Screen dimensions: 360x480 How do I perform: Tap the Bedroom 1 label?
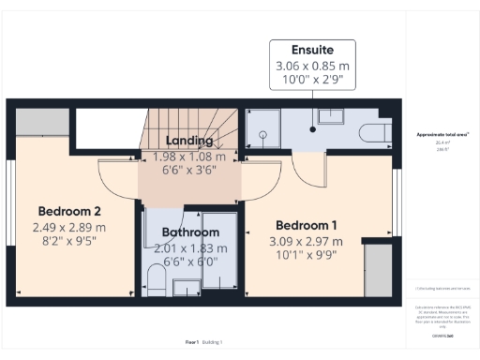click(307, 225)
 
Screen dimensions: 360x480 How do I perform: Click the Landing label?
click(190, 142)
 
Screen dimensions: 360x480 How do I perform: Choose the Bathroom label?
click(190, 232)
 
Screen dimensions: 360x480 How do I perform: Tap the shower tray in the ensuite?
click(263, 132)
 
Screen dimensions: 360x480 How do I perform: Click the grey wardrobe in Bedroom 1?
click(377, 272)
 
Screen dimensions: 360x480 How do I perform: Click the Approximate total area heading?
click(442, 135)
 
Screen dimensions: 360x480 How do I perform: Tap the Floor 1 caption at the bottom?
click(193, 343)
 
